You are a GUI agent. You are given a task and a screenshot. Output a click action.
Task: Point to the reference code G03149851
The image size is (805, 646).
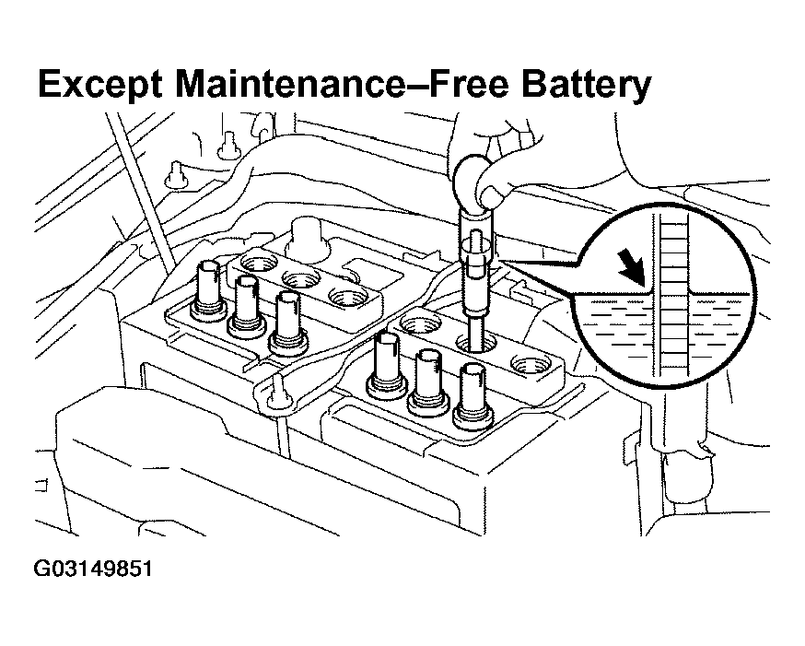click(92, 569)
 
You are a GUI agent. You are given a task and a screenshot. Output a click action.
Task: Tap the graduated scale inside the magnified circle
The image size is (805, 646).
click(674, 295)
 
